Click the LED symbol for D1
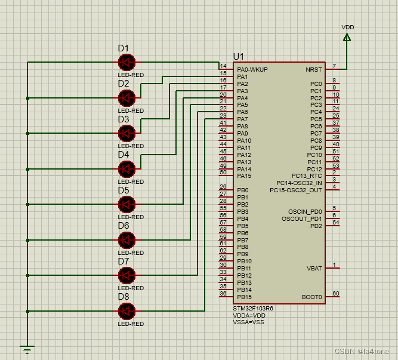(x=126, y=62)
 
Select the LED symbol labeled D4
(x=126, y=168)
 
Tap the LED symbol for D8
(x=126, y=310)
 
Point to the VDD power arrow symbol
(x=347, y=38)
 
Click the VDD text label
(x=347, y=27)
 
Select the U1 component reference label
(x=239, y=56)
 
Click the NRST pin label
(x=314, y=70)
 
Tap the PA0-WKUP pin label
(x=252, y=70)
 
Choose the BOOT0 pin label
(x=312, y=297)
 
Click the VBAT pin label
(x=314, y=269)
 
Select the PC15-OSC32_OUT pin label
(x=296, y=190)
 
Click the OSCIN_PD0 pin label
(x=305, y=212)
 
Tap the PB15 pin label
(x=244, y=297)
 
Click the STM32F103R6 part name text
(x=253, y=309)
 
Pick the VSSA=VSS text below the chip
(x=248, y=322)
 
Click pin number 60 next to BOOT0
(x=335, y=294)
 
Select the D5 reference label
(x=123, y=190)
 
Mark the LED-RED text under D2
(x=131, y=111)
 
